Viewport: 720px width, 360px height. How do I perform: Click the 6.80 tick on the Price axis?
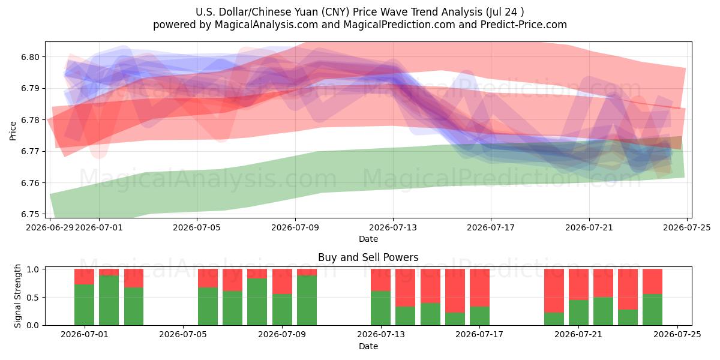tap(30, 57)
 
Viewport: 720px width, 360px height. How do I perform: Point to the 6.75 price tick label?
tap(30, 214)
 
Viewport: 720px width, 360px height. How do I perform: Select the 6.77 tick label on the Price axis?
tap(30, 151)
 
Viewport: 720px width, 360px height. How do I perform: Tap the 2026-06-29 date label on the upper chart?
tap(50, 227)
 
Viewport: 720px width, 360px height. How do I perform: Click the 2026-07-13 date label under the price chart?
tap(393, 227)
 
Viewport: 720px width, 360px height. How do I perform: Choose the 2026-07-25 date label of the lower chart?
tap(677, 335)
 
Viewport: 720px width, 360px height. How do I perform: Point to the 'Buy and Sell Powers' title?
tap(368, 257)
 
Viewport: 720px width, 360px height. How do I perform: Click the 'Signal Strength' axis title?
tap(17, 296)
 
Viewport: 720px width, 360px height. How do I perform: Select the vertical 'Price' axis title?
tap(13, 131)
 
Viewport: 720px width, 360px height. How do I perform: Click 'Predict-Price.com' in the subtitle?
tap(524, 25)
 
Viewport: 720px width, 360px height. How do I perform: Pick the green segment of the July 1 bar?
tap(84, 305)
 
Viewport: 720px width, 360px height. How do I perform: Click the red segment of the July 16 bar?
tap(455, 291)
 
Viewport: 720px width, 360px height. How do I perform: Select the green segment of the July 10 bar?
tap(307, 300)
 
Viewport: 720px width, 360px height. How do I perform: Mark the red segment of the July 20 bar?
tap(554, 291)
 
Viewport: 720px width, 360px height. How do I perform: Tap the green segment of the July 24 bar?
tap(653, 310)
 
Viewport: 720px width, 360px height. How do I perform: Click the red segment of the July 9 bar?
tap(282, 281)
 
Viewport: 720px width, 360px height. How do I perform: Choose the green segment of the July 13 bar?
tap(380, 308)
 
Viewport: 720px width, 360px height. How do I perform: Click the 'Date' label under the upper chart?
tap(368, 239)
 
